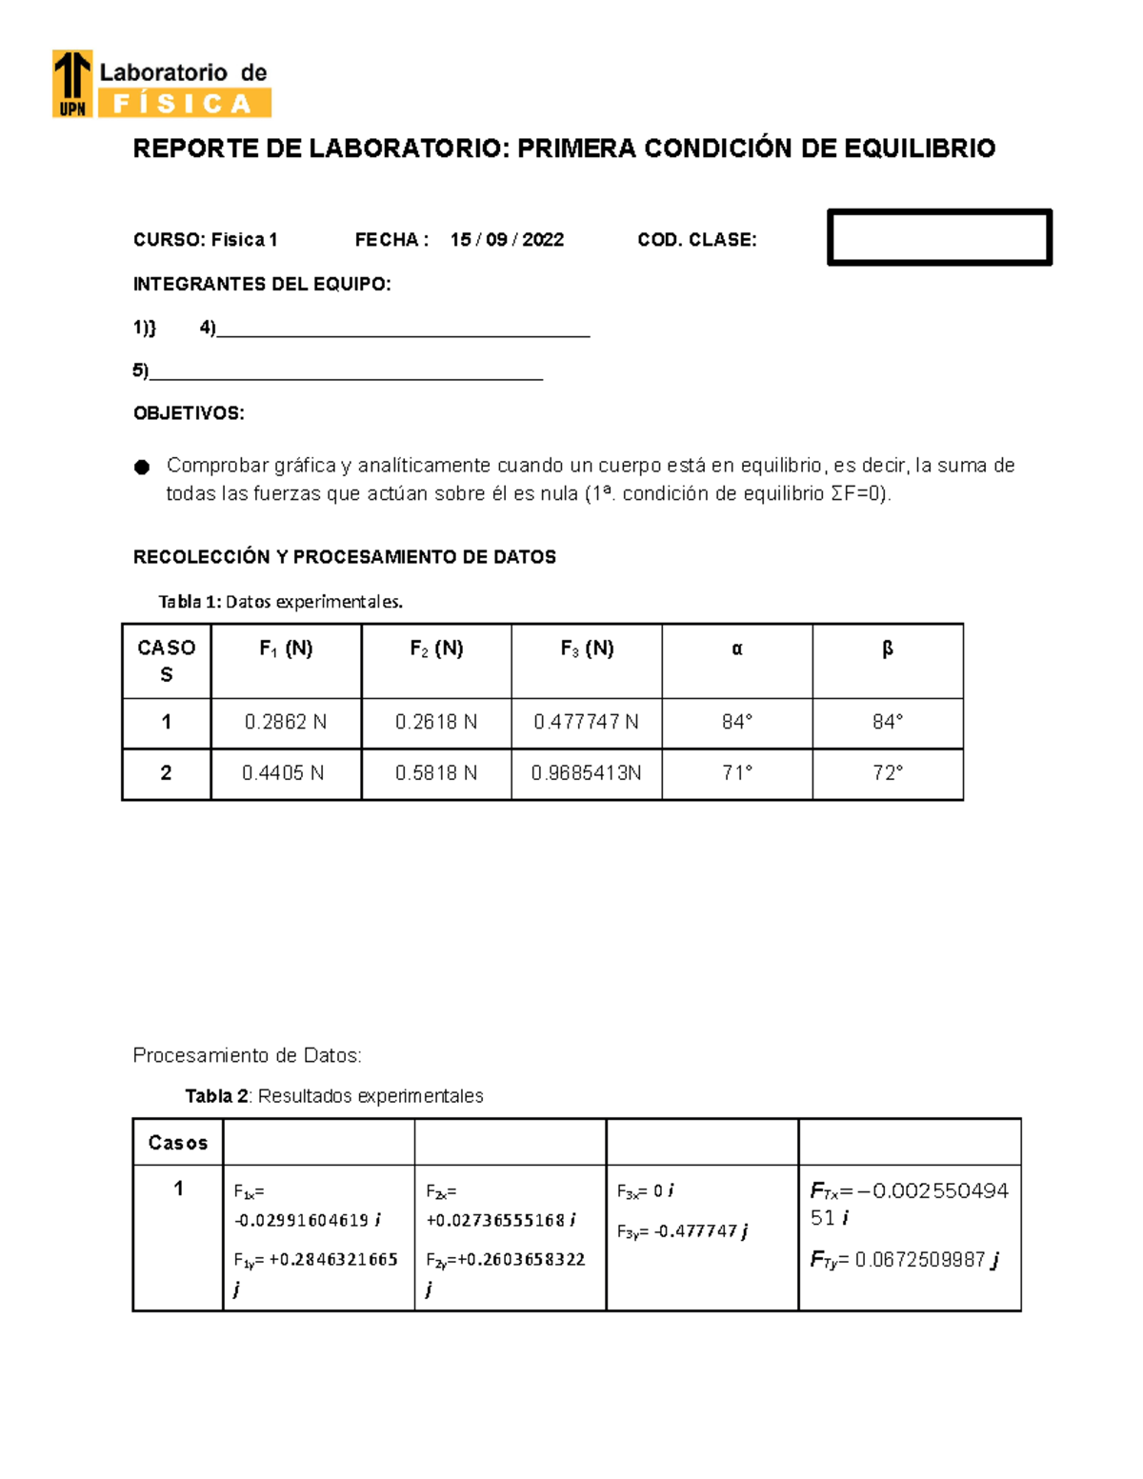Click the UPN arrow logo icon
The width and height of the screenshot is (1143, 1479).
click(72, 83)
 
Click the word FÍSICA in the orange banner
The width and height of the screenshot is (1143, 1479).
click(182, 103)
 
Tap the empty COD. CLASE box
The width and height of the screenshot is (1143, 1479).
click(939, 237)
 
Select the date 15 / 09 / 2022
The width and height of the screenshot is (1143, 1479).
click(507, 240)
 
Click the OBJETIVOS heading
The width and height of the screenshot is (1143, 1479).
click(189, 413)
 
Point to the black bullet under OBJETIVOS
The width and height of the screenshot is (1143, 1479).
click(142, 467)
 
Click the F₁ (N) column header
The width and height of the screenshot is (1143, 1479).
click(286, 650)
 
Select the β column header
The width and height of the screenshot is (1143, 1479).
click(887, 650)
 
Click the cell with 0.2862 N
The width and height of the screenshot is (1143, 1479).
click(285, 723)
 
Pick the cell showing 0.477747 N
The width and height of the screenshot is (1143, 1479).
click(586, 723)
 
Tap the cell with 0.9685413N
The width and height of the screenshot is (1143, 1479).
click(586, 773)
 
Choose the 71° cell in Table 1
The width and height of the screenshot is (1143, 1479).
click(736, 773)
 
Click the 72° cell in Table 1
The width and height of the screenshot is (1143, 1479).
click(887, 773)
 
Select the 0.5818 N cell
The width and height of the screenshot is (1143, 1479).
click(435, 773)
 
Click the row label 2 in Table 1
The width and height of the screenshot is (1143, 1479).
click(166, 773)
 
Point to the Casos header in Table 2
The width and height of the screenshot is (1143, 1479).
click(178, 1143)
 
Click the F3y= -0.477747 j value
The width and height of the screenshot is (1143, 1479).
click(682, 1231)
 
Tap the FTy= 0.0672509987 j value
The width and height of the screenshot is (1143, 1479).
click(904, 1260)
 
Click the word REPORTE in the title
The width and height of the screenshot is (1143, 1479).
click(192, 150)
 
